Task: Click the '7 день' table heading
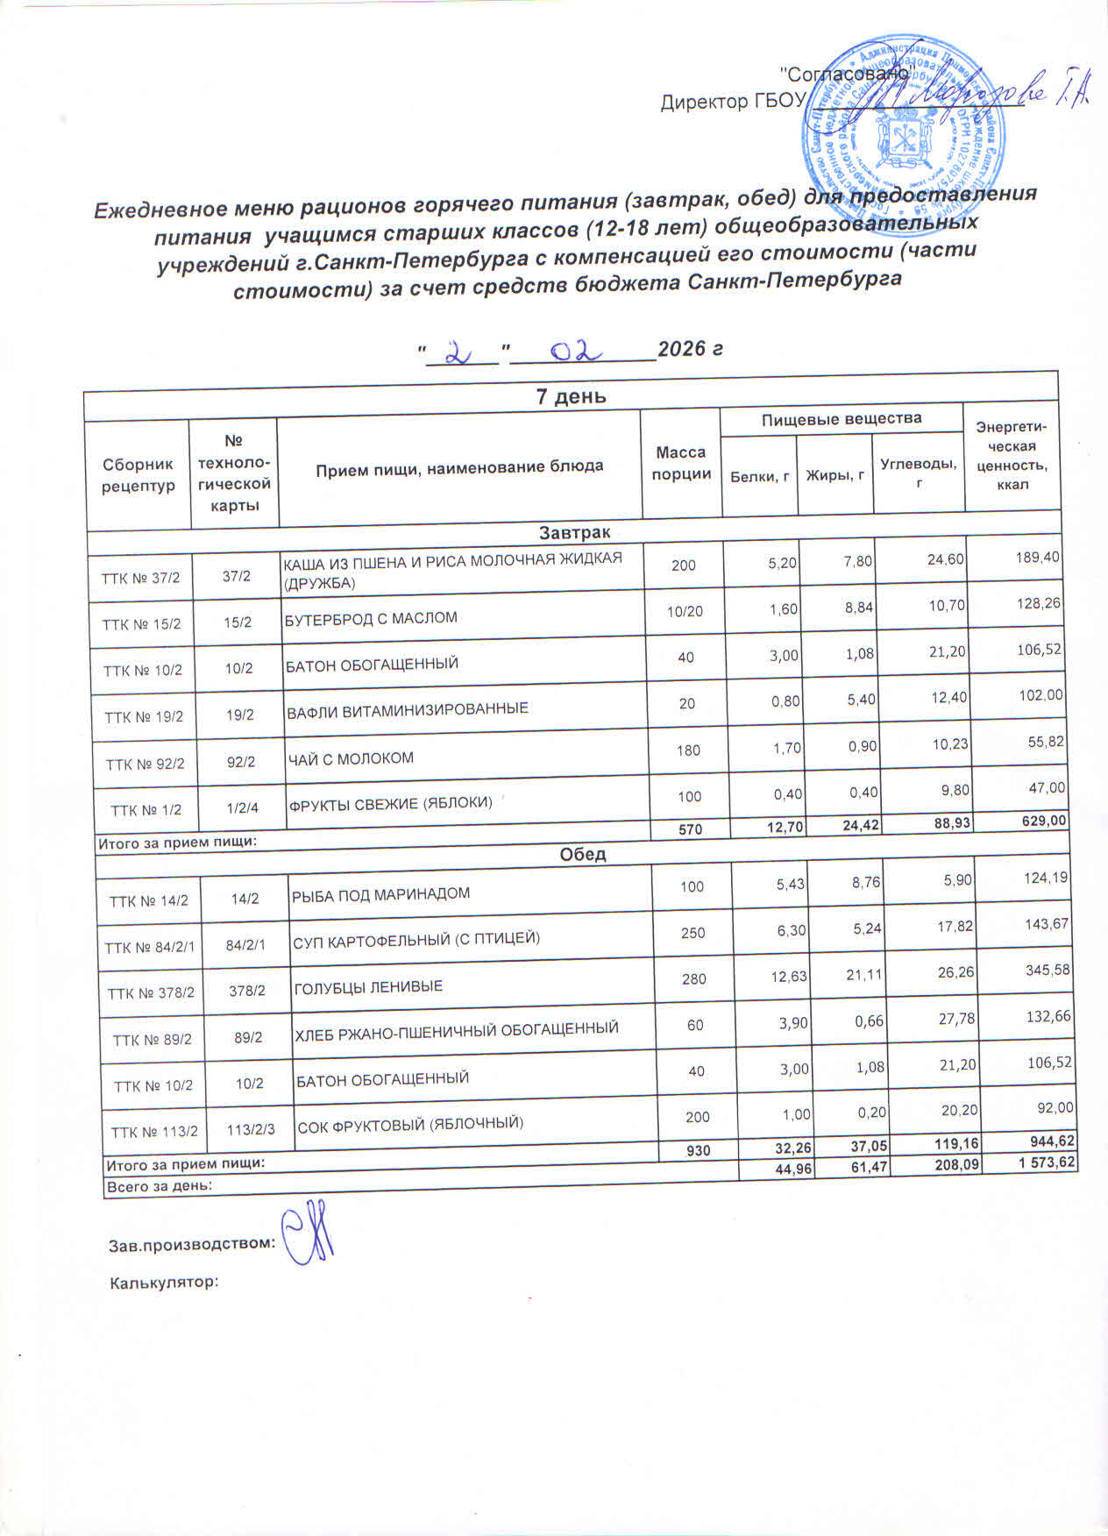tap(571, 396)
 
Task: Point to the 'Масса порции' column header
tap(681, 463)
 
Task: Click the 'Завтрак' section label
tap(574, 532)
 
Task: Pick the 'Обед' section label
tap(583, 854)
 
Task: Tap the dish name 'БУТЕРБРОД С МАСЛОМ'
tap(372, 618)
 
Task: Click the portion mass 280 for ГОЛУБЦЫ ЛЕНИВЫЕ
tap(694, 978)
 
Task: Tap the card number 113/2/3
tap(251, 1129)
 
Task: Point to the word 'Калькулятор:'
tap(163, 1283)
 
